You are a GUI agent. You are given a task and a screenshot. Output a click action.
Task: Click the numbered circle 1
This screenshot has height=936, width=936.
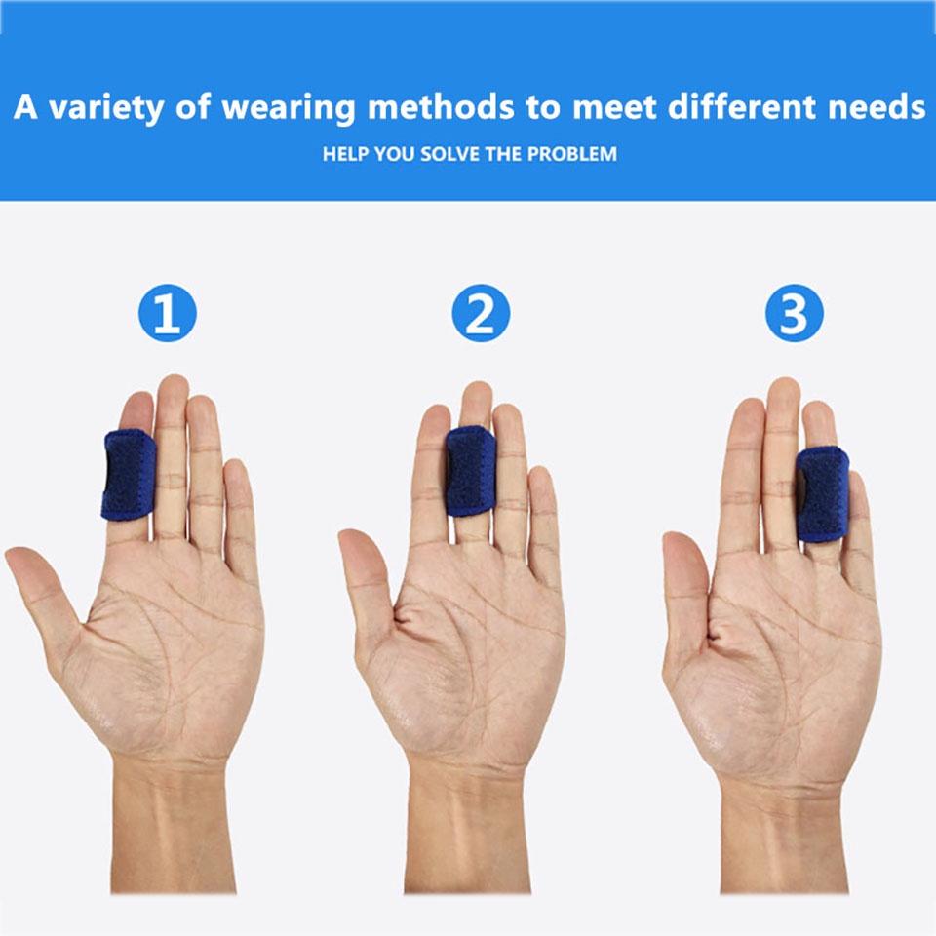167,313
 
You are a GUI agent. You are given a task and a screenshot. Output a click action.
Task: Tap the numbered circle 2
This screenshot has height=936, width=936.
481,313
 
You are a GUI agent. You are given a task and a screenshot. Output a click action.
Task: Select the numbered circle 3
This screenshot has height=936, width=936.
794,313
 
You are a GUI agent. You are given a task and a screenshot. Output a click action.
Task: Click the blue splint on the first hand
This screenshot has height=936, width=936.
129,475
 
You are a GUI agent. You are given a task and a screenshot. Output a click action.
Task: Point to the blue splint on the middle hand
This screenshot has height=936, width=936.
471,471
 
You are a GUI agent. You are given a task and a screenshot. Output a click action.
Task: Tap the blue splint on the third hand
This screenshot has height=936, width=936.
822,494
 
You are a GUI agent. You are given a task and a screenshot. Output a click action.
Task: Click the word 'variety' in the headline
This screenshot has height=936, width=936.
106,108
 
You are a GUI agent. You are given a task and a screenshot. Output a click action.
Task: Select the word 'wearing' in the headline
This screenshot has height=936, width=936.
289,108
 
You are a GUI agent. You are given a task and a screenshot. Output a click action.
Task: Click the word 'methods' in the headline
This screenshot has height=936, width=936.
441,107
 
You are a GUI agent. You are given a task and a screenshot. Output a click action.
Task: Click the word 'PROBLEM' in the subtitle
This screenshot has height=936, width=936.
572,154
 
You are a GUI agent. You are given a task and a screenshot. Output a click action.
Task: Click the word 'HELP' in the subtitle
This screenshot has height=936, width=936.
345,154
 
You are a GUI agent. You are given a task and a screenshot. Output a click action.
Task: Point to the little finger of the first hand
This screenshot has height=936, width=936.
241,520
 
